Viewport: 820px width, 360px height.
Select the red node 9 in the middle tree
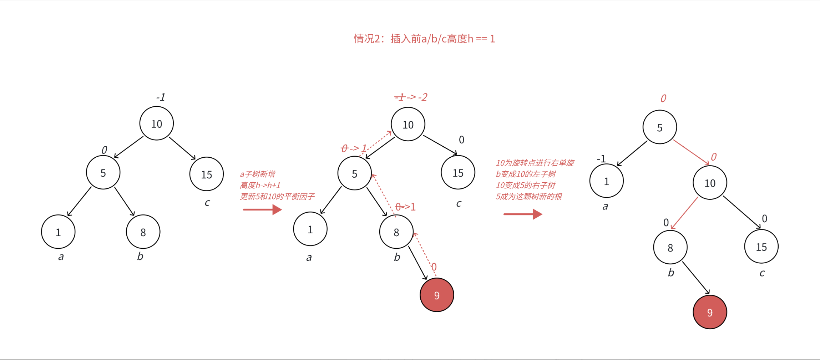pyautogui.click(x=437, y=295)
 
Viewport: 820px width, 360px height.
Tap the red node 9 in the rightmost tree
pyautogui.click(x=710, y=312)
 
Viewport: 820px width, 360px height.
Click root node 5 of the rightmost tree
pyautogui.click(x=659, y=127)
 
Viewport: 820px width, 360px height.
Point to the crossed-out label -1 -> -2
pyautogui.click(x=411, y=97)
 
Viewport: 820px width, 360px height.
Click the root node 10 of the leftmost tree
pyautogui.click(x=157, y=124)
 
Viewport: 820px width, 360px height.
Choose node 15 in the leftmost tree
pyautogui.click(x=207, y=174)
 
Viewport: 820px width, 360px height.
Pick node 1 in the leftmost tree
pyautogui.click(x=58, y=232)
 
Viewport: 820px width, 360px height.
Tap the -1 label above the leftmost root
pyautogui.click(x=161, y=97)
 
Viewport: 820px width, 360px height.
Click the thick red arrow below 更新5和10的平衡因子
pyautogui.click(x=262, y=209)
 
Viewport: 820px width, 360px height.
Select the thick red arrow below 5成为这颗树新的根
pyautogui.click(x=523, y=214)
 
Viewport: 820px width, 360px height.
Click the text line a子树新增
pyautogui.click(x=257, y=174)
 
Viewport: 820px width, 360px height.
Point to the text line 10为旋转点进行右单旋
pyautogui.click(x=535, y=163)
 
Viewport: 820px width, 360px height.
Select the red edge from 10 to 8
pyautogui.click(x=684, y=213)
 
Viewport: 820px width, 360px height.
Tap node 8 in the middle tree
pyautogui.click(x=396, y=232)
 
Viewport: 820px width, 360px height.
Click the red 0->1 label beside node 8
pyautogui.click(x=405, y=207)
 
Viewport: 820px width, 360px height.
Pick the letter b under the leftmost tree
pyautogui.click(x=140, y=256)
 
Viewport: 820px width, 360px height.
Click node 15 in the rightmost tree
pyautogui.click(x=761, y=247)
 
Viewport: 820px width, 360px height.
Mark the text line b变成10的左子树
pyautogui.click(x=526, y=174)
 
